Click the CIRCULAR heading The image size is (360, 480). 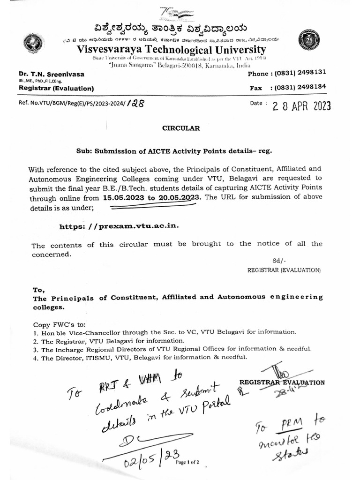(x=181, y=128)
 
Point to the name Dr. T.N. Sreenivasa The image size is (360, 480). (x=49, y=75)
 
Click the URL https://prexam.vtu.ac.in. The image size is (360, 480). (x=119, y=226)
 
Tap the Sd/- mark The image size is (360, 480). (x=279, y=261)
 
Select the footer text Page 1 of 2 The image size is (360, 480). (x=187, y=462)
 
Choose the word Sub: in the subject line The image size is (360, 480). (x=84, y=151)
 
